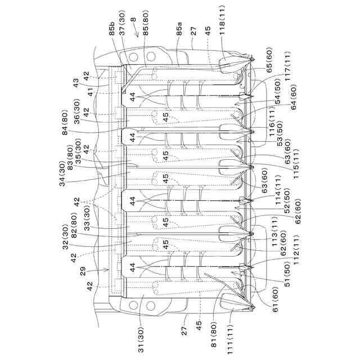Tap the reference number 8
click(133, 21)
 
